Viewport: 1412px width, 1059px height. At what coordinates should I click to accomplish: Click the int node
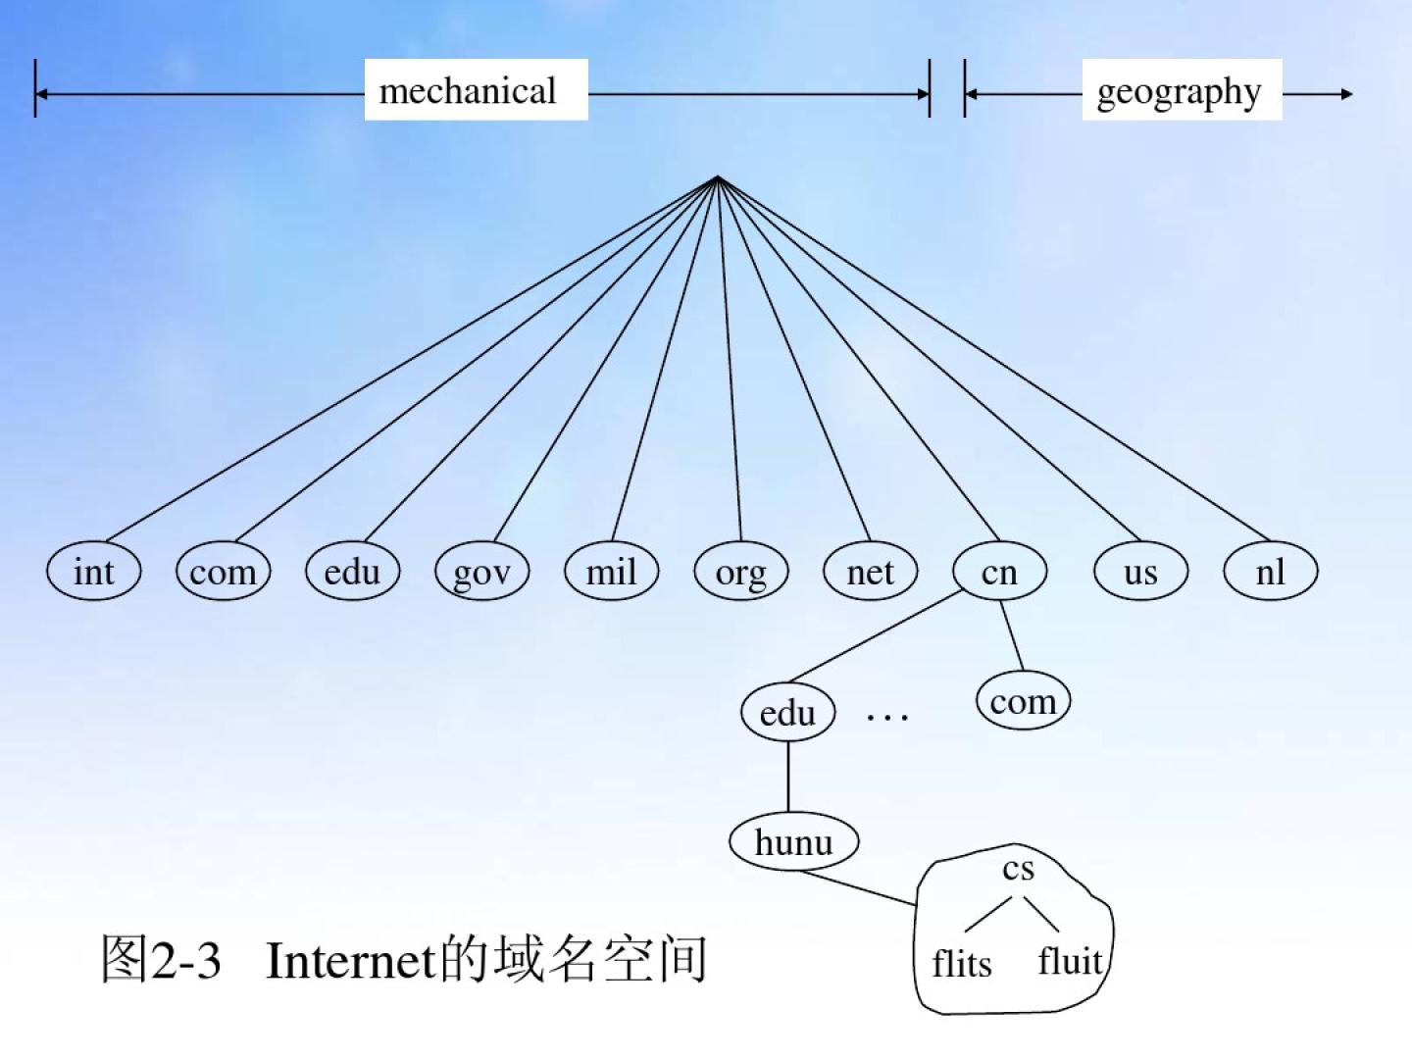click(94, 572)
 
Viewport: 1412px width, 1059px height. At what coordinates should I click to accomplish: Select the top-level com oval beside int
click(223, 572)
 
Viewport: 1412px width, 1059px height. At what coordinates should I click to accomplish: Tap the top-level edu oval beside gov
click(352, 572)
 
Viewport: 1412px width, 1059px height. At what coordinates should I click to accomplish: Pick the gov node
click(481, 572)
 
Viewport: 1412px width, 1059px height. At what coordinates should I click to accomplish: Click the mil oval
click(611, 572)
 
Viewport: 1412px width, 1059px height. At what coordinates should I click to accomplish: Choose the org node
click(740, 572)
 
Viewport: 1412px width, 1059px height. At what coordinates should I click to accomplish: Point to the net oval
click(870, 572)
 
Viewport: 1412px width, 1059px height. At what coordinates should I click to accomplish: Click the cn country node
click(999, 572)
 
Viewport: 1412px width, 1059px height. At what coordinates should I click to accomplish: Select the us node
click(1140, 572)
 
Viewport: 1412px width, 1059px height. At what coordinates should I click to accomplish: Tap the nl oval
click(1270, 572)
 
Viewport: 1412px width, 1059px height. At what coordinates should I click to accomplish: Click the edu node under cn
click(787, 713)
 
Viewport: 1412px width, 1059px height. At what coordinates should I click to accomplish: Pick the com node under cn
click(1023, 701)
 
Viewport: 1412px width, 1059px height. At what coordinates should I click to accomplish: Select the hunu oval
click(793, 841)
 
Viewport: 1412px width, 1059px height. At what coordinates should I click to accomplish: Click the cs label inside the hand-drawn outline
click(1018, 869)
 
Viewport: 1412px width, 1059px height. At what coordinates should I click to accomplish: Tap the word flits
click(961, 963)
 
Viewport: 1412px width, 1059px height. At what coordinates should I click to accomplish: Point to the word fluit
click(1070, 960)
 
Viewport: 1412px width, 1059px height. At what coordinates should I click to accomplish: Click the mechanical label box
click(476, 90)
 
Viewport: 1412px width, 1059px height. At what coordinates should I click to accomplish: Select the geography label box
click(1181, 90)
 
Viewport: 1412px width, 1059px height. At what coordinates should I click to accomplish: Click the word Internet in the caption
click(350, 960)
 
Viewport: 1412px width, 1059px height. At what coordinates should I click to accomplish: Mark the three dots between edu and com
click(887, 718)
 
